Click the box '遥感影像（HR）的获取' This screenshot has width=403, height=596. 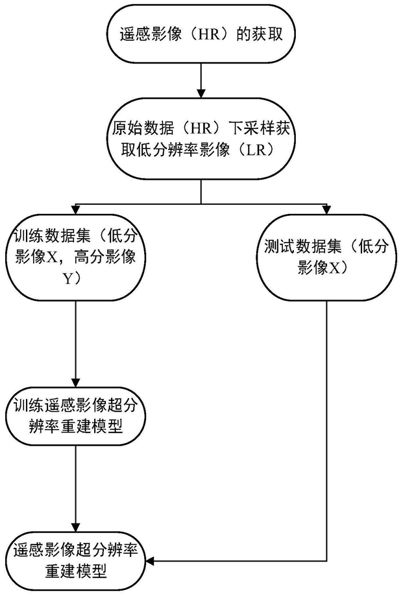pos(201,34)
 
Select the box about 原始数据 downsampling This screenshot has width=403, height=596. pos(201,139)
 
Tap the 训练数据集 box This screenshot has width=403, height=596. pos(75,257)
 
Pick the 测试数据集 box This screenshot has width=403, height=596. pos(326,257)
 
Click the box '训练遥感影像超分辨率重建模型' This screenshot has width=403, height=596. pos(75,416)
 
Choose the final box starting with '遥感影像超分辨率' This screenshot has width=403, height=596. pos(75,561)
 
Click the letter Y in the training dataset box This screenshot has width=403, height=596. pos(67,280)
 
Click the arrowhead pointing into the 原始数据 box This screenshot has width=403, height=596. pos(201,93)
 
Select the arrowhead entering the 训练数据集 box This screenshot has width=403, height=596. pos(75,209)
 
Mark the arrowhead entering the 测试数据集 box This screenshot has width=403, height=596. pos(326,209)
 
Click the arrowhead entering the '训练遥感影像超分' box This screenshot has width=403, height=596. pos(75,383)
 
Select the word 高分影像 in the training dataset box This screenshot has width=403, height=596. pos(104,257)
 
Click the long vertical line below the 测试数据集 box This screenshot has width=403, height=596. pos(326,431)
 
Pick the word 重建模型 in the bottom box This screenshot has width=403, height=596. pos(76,571)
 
